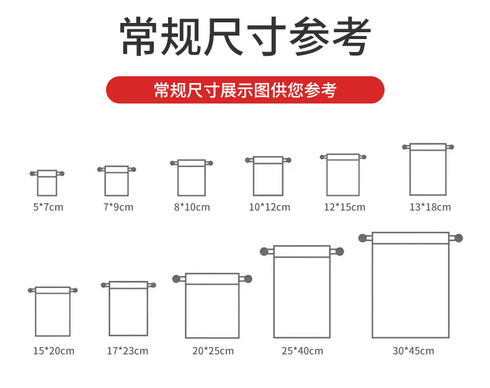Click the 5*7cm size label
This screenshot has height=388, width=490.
tap(48, 207)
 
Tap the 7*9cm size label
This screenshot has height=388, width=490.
tap(118, 207)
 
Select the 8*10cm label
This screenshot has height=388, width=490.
tap(192, 207)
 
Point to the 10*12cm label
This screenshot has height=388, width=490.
tap(269, 207)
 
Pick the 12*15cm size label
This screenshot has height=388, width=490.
tap(344, 207)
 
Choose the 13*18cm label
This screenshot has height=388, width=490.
tap(430, 207)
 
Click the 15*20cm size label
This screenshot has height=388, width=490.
tap(54, 351)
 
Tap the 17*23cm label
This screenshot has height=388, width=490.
tap(128, 351)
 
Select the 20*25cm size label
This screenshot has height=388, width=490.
tap(213, 351)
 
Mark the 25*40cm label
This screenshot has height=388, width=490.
tap(302, 351)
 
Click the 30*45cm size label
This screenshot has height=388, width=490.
tap(413, 351)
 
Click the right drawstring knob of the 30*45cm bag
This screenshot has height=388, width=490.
tap(459, 239)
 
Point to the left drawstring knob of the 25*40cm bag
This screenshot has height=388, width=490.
tap(264, 252)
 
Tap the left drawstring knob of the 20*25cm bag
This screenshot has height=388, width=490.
tap(176, 279)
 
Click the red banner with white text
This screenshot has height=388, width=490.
tap(245, 90)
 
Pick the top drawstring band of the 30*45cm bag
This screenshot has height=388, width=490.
tap(411, 238)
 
